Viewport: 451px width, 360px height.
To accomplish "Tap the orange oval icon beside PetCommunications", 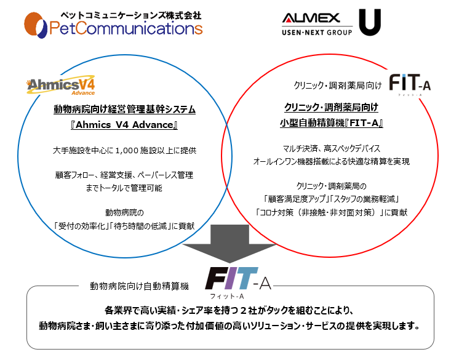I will [35, 25].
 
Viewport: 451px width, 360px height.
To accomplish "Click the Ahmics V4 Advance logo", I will [61, 86].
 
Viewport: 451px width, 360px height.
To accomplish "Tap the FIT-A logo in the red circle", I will [410, 84].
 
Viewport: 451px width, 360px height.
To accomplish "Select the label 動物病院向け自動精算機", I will [139, 286].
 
